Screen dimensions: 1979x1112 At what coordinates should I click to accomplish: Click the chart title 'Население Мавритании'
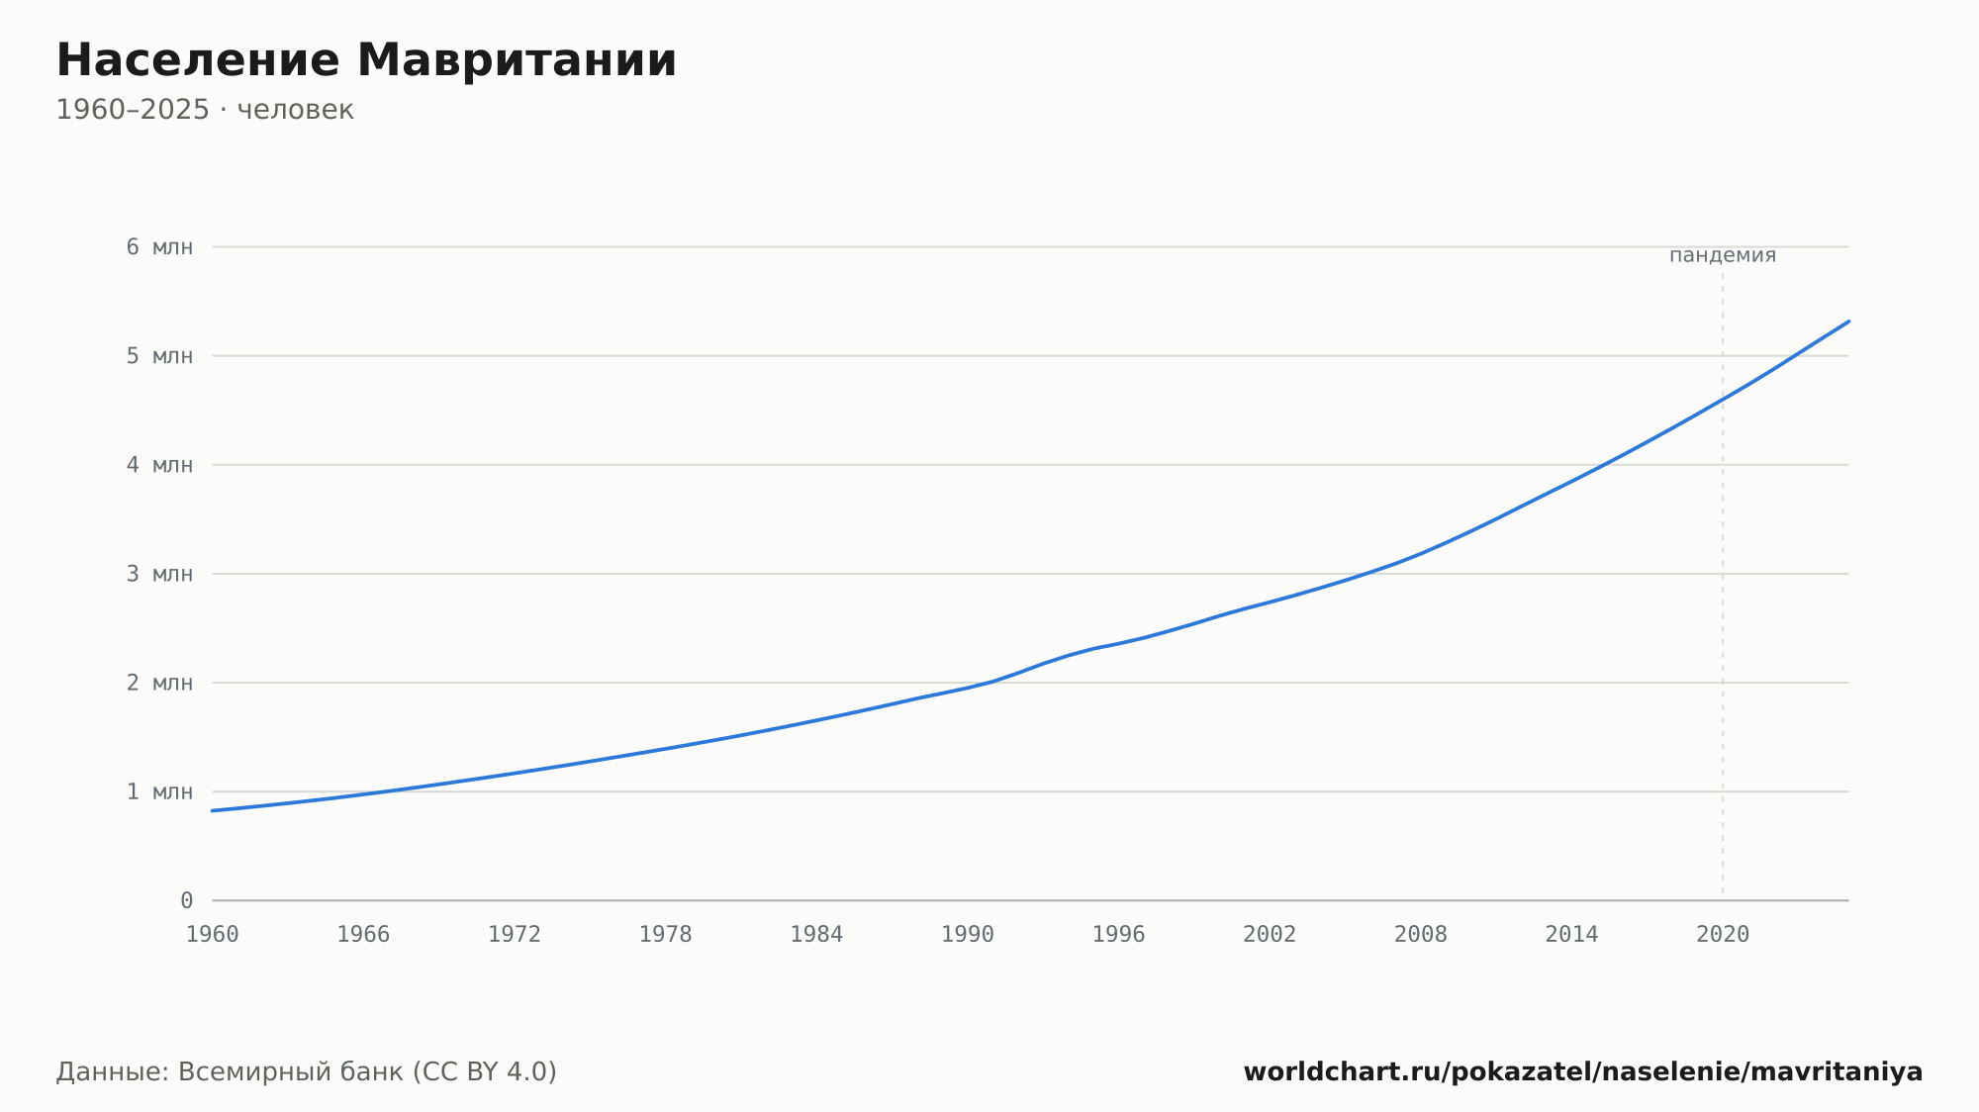pos(366,60)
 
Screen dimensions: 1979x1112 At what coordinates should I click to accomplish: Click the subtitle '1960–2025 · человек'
pos(205,110)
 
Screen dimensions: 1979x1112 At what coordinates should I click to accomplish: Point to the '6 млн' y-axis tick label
pos(159,247)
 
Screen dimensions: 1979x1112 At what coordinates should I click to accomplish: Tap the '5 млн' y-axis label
pos(159,356)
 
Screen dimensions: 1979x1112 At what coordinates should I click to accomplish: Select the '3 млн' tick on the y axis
pos(159,574)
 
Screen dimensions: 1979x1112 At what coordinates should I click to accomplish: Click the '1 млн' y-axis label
pos(159,791)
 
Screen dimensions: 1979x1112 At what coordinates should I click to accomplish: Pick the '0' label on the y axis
pos(186,900)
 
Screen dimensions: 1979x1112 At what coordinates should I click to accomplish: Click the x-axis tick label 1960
pos(213,935)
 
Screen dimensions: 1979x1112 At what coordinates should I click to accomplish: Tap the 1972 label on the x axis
pos(515,935)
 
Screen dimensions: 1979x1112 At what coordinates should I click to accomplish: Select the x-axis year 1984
pos(816,935)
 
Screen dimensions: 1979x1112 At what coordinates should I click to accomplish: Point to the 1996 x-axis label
pos(1118,935)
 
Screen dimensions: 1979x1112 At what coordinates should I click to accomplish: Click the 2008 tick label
pos(1421,935)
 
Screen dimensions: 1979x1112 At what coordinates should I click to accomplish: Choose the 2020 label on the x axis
pos(1723,935)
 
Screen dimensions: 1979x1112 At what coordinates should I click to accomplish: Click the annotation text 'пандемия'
pos(1723,255)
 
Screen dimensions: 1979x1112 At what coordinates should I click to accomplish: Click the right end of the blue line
pos(1848,322)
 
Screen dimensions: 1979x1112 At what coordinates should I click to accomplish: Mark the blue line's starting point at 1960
pos(213,810)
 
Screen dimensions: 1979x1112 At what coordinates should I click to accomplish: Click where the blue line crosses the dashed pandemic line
pos(1723,399)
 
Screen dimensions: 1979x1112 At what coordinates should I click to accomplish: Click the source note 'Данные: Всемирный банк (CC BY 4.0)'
pos(307,1071)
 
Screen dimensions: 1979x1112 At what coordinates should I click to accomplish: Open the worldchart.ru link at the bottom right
pos(1583,1071)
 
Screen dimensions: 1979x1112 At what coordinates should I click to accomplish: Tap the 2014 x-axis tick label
pos(1571,935)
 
